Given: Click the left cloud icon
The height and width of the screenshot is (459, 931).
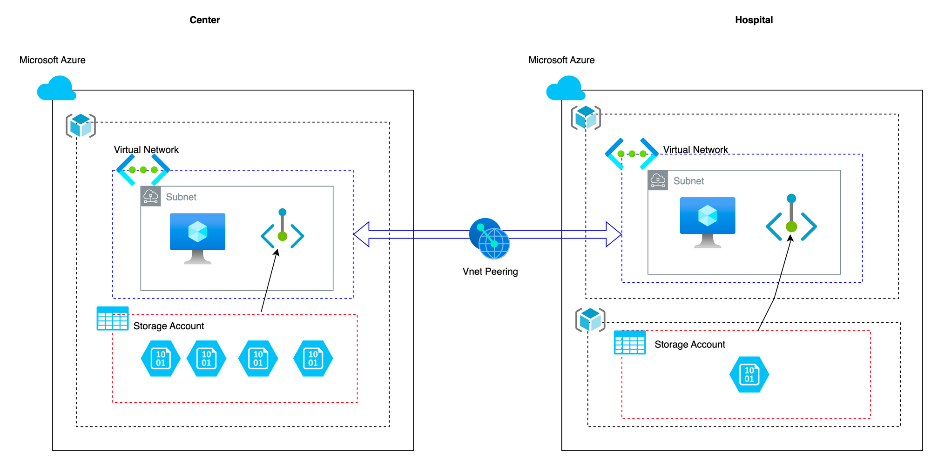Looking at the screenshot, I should click(56, 88).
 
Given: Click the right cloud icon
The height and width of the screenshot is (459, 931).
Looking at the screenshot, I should click(565, 88).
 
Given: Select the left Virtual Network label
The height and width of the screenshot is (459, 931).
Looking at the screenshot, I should click(146, 150).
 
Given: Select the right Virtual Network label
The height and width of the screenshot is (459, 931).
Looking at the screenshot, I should click(695, 150).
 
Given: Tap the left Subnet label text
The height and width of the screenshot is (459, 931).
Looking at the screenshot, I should click(181, 197).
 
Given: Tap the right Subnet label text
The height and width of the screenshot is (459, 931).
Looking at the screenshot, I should click(688, 181).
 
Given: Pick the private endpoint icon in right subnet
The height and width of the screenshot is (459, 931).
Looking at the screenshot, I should click(791, 220).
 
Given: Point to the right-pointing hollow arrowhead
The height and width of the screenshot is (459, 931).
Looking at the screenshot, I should click(614, 234).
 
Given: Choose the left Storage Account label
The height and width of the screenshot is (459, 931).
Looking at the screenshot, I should click(169, 326).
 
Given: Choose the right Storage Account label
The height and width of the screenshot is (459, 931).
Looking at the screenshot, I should click(689, 345).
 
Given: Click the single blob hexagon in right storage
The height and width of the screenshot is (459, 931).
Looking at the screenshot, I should click(749, 374).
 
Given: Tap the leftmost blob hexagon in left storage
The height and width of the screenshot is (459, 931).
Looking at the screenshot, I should click(161, 359).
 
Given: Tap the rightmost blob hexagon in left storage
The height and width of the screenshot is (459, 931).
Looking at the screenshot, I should click(313, 359).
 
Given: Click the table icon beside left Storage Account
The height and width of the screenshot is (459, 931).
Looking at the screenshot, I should click(113, 319).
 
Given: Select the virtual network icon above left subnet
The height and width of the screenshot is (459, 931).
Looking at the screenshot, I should click(143, 170).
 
